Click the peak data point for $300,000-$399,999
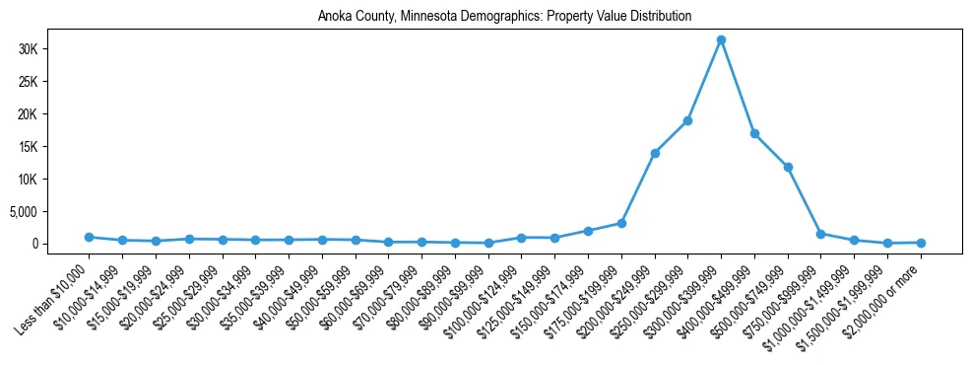click(x=721, y=39)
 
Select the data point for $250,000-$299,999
click(x=687, y=120)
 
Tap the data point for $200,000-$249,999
click(x=655, y=153)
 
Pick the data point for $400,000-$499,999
click(x=754, y=133)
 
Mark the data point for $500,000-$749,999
click(x=788, y=167)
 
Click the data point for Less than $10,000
click(x=89, y=237)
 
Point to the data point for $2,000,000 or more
click(x=921, y=242)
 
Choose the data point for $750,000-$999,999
click(x=821, y=234)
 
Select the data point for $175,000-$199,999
click(x=621, y=223)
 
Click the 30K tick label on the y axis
click(x=55, y=49)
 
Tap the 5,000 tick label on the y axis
click(x=49, y=211)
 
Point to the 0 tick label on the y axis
click(x=61, y=244)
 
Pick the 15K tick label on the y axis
click(x=55, y=146)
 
